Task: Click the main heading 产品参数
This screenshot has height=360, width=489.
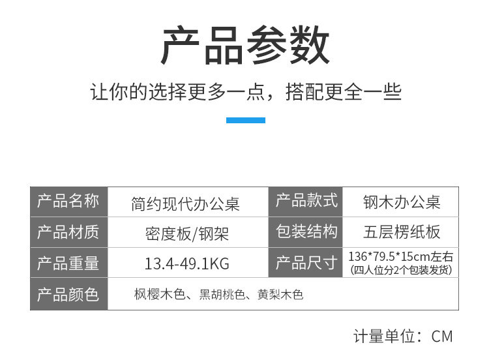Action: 245,46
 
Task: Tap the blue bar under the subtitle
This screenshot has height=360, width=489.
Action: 245,120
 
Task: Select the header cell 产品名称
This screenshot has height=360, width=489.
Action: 68,202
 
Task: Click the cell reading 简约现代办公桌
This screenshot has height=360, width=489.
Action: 186,203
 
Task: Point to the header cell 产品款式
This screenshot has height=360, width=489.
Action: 306,202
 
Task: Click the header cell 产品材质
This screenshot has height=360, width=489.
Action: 68,232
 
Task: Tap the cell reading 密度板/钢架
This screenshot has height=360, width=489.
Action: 186,233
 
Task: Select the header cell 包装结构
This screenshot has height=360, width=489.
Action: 306,232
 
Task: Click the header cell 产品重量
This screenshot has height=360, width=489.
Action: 68,263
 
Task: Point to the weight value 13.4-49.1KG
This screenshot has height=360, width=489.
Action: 186,263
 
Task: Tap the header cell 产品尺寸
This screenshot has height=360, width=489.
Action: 306,263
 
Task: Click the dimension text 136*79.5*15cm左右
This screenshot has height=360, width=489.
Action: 401,256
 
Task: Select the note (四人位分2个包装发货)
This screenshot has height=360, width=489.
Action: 401,270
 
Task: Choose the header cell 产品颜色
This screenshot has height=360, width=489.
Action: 68,294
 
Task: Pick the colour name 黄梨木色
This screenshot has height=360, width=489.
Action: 281,295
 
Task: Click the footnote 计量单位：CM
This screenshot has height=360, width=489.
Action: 402,337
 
